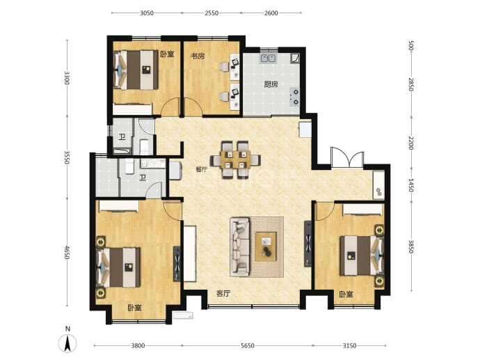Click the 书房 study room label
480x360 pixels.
pos(198,56)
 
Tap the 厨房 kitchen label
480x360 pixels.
pos(271,84)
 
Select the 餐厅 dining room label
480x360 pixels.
pos(202,169)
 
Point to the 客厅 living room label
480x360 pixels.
pos(223,294)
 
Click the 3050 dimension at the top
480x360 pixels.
pos(147,13)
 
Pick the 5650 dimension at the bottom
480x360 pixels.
pos(248,345)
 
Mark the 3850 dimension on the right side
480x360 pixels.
pos(411,246)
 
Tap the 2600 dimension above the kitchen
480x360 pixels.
pos(271,13)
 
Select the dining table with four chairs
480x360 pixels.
pos(235,159)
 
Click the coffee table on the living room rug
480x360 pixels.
pos(266,246)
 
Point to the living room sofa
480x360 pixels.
pos(240,246)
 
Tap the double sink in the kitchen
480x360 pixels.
pos(269,58)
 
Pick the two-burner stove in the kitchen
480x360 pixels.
pos(294,97)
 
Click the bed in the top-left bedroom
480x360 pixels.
pos(136,70)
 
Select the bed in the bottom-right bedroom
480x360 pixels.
pos(362,256)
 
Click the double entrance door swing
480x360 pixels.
pos(347,157)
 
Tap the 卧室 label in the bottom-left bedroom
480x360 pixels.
pos(135,307)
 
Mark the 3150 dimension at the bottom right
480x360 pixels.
pos(349,345)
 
